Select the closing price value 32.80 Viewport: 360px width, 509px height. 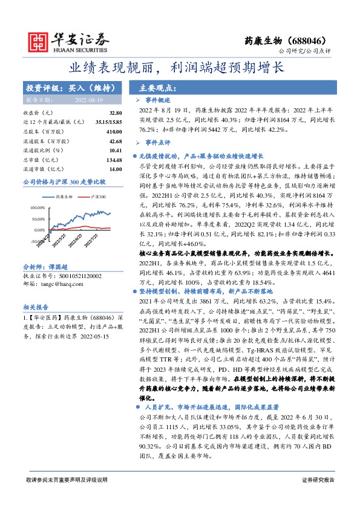(116, 113)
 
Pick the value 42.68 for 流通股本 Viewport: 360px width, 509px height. (116, 141)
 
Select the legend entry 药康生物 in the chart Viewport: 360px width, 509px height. (64, 197)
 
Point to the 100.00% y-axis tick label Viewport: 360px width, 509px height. (38, 207)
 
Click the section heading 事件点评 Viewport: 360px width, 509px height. (159, 143)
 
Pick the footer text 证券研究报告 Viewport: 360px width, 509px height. (318, 496)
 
